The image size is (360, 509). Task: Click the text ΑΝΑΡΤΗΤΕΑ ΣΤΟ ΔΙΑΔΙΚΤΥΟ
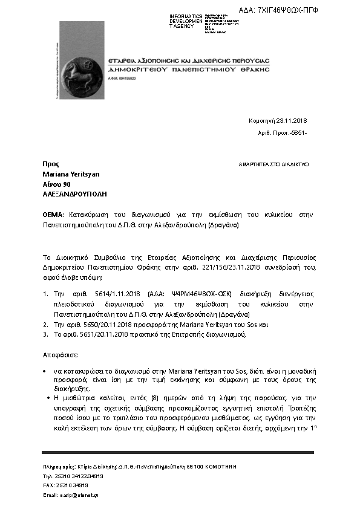[273, 164]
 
